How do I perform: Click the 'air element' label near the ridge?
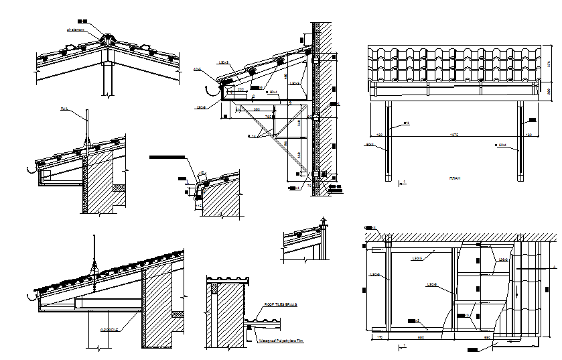click(x=75, y=29)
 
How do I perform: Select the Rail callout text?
click(x=64, y=108)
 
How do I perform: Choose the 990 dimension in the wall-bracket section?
click(x=257, y=109)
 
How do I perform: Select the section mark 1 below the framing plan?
click(x=404, y=346)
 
